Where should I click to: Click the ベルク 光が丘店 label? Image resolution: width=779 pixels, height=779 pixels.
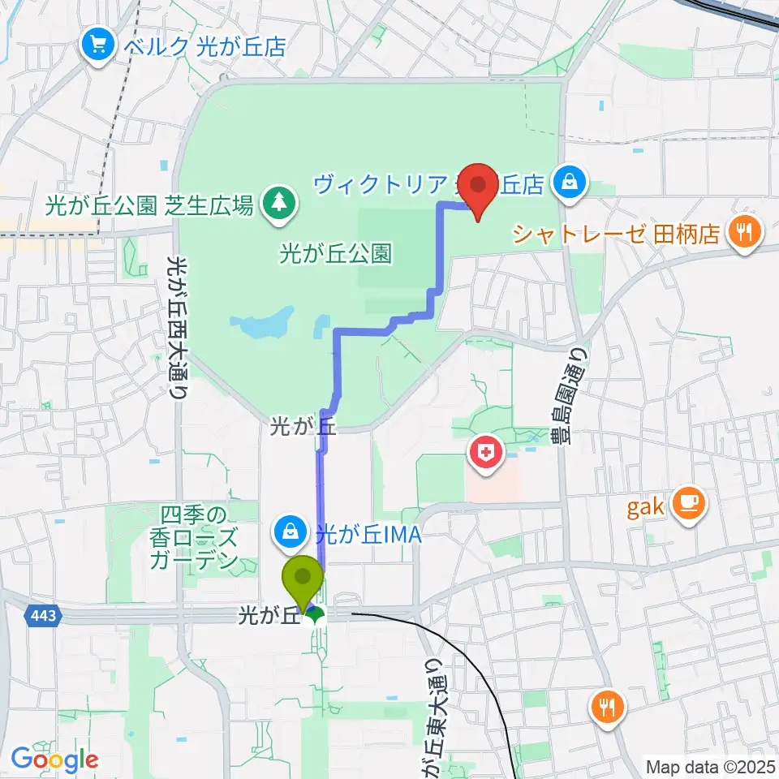(204, 45)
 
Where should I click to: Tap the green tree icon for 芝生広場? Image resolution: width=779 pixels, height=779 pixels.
(278, 204)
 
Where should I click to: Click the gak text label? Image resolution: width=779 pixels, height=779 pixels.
(647, 508)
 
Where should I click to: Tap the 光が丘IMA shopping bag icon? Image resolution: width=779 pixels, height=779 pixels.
(290, 532)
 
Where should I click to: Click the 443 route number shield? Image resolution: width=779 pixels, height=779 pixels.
(44, 616)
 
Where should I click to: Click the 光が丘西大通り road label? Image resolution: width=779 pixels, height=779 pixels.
(175, 325)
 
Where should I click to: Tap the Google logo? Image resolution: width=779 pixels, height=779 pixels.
(54, 760)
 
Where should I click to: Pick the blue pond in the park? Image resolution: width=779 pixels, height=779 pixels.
(264, 325)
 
